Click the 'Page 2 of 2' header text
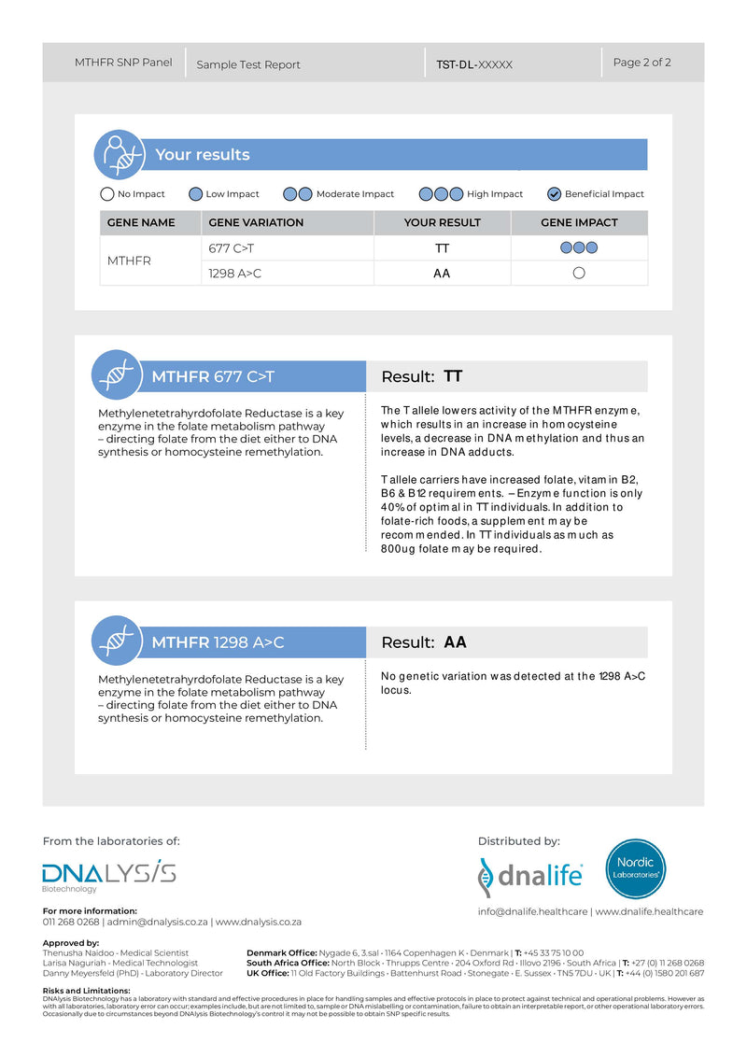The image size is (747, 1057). (641, 63)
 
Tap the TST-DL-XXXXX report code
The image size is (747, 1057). (474, 64)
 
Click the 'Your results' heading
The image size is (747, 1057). (203, 155)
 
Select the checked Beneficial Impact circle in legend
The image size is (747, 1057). (555, 194)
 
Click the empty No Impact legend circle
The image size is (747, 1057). (107, 194)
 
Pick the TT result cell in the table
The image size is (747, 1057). (442, 248)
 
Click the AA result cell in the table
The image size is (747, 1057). (442, 274)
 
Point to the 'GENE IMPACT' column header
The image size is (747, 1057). (579, 222)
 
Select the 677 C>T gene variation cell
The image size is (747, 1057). (232, 248)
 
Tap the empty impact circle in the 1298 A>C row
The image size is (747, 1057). (579, 274)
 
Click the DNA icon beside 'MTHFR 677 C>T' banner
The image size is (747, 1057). (117, 375)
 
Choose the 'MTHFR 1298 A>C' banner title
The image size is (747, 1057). (218, 642)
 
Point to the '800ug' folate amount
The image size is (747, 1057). (399, 549)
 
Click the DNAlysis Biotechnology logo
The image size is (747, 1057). (108, 875)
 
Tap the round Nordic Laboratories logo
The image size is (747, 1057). (636, 868)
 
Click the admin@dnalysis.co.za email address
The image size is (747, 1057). (158, 922)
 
